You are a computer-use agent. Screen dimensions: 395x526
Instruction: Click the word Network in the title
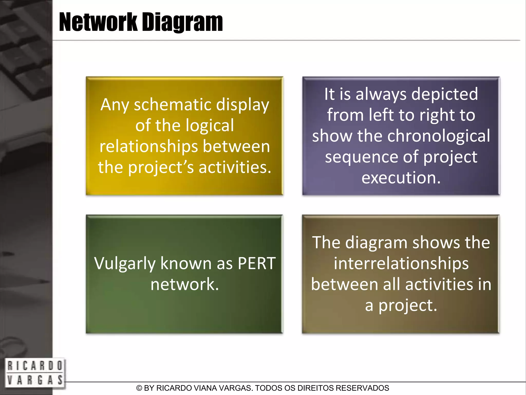click(x=98, y=23)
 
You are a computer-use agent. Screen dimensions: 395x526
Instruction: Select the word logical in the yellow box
click(x=210, y=126)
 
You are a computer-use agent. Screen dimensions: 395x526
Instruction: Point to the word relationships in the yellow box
click(x=149, y=147)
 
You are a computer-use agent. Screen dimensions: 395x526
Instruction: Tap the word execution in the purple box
click(x=401, y=177)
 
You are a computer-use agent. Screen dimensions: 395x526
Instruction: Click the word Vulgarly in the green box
click(x=125, y=264)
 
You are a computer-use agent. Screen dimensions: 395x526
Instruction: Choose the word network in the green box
click(x=185, y=284)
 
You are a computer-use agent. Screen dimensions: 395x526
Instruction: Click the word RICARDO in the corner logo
click(x=34, y=366)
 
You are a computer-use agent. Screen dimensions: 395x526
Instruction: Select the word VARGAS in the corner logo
click(x=34, y=380)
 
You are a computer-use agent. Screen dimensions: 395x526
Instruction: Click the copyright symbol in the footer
click(x=139, y=388)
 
